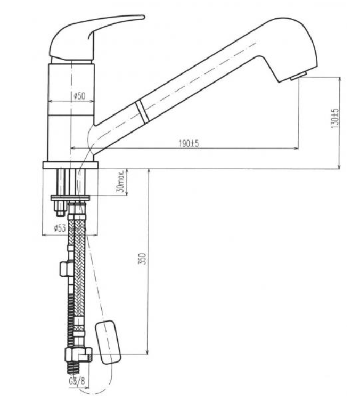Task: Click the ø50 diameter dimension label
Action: click(x=79, y=96)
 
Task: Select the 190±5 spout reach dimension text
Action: click(x=189, y=143)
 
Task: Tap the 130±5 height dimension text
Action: click(x=335, y=119)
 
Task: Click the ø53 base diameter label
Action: click(x=60, y=228)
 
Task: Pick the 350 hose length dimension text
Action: click(x=142, y=259)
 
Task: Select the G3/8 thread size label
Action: click(x=77, y=381)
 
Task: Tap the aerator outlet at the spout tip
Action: click(x=299, y=76)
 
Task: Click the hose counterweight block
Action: click(x=108, y=342)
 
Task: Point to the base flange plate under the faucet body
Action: click(x=70, y=165)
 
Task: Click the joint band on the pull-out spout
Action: click(x=142, y=111)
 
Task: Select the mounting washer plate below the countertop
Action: click(x=70, y=198)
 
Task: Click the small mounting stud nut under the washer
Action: click(x=60, y=208)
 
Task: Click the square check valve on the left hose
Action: click(x=64, y=269)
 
